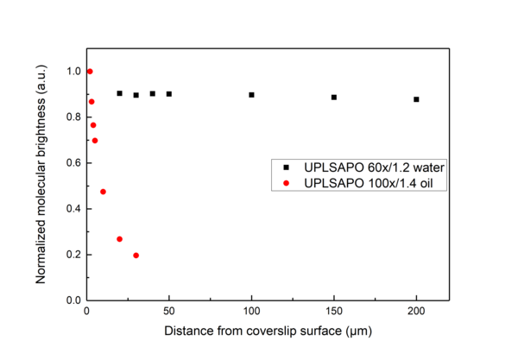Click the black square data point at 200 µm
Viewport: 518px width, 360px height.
(x=416, y=99)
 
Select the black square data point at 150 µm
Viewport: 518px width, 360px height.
(x=333, y=98)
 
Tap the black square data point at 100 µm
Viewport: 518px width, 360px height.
(x=251, y=95)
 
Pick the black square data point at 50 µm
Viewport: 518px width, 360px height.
(x=169, y=94)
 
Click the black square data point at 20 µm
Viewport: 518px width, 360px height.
(x=119, y=93)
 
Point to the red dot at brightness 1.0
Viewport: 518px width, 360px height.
(x=90, y=72)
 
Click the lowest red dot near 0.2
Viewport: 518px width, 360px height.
(x=136, y=256)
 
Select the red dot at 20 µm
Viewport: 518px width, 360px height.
(x=119, y=239)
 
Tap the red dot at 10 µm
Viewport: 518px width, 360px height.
(x=103, y=192)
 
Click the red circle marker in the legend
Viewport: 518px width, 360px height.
(x=285, y=182)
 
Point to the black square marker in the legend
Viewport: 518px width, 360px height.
(x=285, y=166)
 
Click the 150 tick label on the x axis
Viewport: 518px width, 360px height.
(x=333, y=312)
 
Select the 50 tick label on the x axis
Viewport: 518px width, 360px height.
(x=169, y=312)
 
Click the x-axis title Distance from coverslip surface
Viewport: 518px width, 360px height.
(x=258, y=332)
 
